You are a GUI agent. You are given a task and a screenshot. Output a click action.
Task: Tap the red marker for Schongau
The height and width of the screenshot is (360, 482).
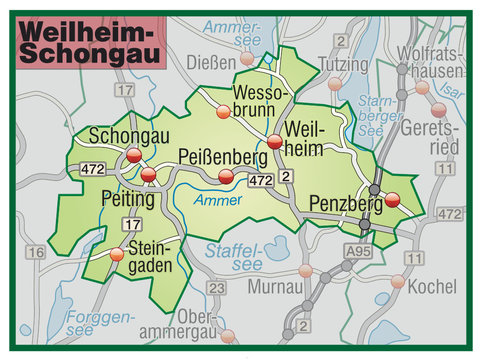[134, 154]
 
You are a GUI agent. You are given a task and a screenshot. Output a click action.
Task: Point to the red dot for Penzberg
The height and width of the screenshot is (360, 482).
[392, 199]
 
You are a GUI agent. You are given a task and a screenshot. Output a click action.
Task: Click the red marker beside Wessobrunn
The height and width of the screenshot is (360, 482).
[222, 113]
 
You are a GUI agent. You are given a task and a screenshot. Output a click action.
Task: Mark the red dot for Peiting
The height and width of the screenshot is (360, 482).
[149, 175]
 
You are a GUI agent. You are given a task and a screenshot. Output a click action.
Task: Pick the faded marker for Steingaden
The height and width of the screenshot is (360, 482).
[118, 254]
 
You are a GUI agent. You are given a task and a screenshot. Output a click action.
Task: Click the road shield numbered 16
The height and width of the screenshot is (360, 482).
[36, 253]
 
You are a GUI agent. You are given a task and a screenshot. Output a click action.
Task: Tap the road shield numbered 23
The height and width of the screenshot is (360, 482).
[216, 288]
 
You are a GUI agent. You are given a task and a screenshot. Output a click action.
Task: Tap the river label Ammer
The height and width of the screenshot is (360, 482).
[218, 201]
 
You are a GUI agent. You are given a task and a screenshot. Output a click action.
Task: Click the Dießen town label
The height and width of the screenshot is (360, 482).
[211, 62]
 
